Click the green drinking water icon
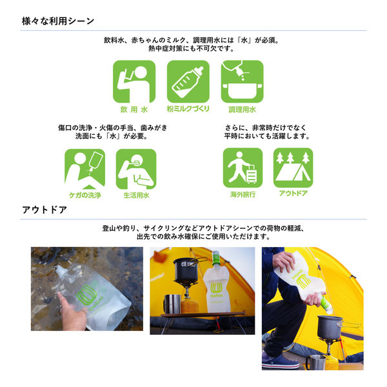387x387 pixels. (134, 82)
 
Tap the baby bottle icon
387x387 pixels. (188, 82)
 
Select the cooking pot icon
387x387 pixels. (242, 82)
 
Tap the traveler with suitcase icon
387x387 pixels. (243, 167)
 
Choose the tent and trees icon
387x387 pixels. (293, 167)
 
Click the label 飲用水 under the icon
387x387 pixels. (134, 110)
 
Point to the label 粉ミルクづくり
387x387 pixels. (188, 110)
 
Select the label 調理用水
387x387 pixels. (242, 110)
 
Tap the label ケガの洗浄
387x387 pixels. (84, 195)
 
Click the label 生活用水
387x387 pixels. (136, 195)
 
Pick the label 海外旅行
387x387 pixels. (243, 193)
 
